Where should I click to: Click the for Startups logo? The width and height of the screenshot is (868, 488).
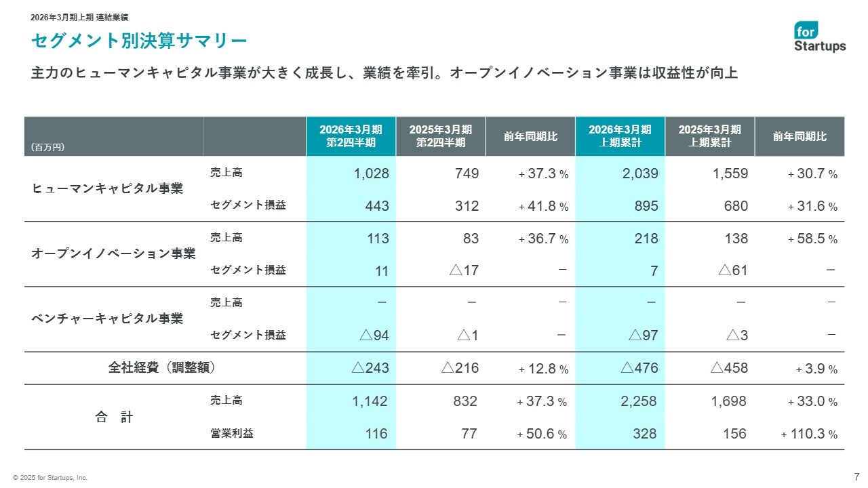tap(820, 37)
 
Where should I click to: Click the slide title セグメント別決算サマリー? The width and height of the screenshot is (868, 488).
tap(139, 41)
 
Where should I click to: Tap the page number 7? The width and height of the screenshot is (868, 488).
tap(856, 475)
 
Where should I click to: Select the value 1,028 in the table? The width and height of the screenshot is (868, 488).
tap(371, 174)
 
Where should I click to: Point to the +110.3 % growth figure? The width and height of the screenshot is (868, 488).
tap(809, 434)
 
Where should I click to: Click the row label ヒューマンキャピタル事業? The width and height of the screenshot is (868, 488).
tap(108, 189)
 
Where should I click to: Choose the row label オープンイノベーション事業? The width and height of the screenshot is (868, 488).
tap(114, 254)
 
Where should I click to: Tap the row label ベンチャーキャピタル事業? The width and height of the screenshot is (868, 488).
tap(108, 319)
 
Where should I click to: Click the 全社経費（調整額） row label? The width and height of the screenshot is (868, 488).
tap(162, 368)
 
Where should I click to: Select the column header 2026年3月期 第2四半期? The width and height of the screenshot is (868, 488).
tap(351, 136)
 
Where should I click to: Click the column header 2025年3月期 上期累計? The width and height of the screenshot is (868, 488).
tap(709, 136)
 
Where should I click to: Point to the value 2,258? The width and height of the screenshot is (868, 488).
tap(639, 401)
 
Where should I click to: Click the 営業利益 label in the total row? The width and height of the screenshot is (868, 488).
tap(232, 434)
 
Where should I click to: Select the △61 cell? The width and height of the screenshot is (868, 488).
tap(732, 270)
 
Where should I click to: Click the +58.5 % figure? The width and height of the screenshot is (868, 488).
tap(812, 239)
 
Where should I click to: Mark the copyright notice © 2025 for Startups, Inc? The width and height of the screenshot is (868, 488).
tap(50, 478)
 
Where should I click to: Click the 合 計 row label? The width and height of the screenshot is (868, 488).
tap(114, 418)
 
